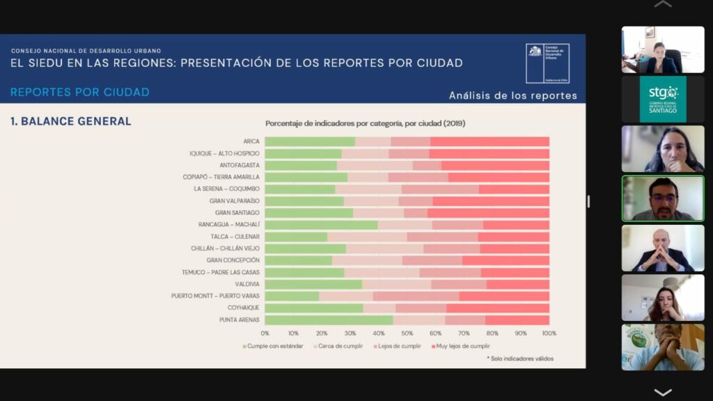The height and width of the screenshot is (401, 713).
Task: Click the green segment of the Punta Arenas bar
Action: (x=329, y=320)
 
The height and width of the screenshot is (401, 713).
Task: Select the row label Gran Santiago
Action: (x=237, y=212)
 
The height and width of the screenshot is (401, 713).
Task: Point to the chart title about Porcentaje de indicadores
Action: (x=365, y=123)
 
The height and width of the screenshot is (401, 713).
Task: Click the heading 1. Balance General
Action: (x=70, y=121)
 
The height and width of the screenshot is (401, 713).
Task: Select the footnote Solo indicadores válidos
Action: (x=520, y=359)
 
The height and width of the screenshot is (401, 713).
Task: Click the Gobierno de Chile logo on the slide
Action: (x=547, y=63)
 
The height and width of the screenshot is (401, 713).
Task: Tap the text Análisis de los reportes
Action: (x=512, y=95)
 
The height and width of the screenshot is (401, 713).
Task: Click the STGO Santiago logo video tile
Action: (x=662, y=99)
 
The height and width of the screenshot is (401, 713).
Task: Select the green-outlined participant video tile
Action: (x=662, y=198)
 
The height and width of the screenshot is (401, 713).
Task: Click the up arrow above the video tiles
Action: (x=663, y=5)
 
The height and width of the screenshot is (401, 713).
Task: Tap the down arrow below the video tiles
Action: (x=663, y=392)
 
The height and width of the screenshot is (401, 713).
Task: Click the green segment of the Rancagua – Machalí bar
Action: (x=321, y=225)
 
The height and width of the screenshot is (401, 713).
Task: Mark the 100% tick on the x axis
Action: (x=549, y=333)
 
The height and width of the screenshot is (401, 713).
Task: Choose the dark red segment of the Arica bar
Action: (x=489, y=141)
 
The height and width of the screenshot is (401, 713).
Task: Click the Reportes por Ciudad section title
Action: (x=80, y=92)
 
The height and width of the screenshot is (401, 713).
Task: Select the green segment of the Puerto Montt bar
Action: (x=292, y=296)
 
